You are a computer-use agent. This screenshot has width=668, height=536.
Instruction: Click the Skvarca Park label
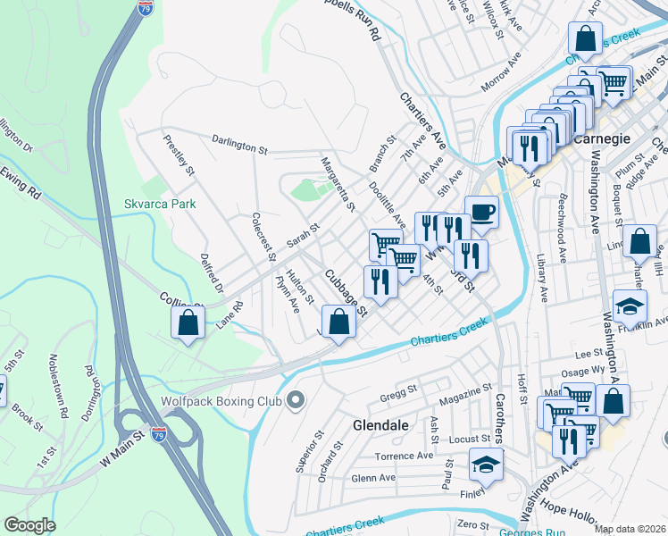160,204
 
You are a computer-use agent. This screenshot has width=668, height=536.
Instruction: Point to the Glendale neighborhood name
381,425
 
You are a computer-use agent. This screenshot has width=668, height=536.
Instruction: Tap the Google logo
29,525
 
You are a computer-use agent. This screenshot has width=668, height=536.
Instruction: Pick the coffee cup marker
481,213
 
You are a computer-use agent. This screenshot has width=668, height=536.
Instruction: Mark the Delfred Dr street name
213,273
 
